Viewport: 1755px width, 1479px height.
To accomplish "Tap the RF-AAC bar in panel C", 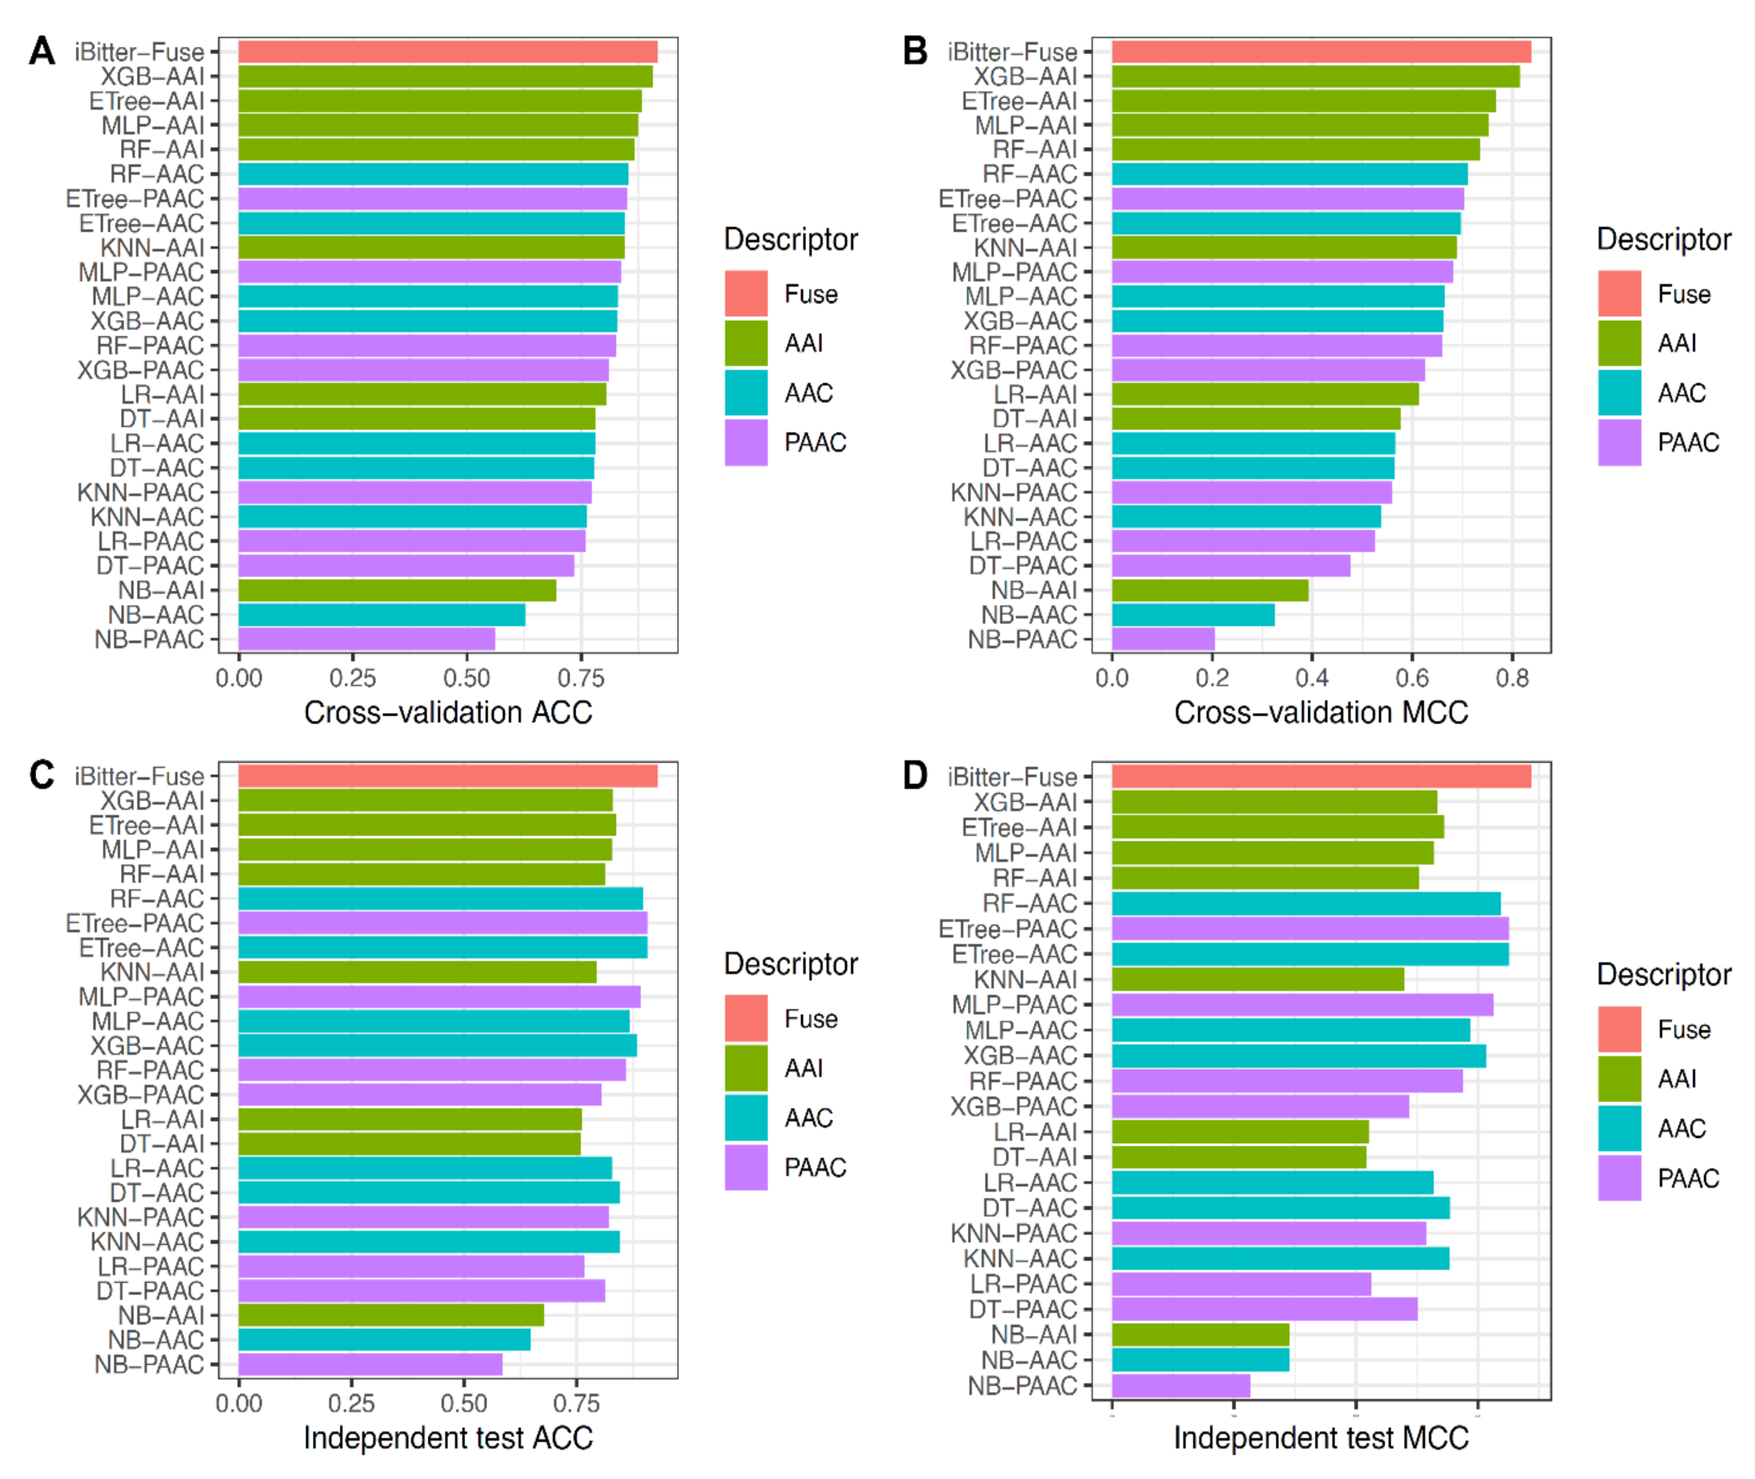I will pyautogui.click(x=440, y=899).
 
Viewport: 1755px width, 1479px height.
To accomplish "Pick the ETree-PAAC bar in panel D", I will pyautogui.click(x=1310, y=928).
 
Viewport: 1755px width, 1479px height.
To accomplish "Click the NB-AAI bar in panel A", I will pyautogui.click(x=397, y=590).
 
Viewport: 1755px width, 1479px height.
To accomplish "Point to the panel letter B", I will pyautogui.click(x=915, y=52).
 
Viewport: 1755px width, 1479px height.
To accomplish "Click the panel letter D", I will pyautogui.click(x=915, y=775).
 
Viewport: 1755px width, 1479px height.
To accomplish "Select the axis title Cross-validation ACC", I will pyautogui.click(x=448, y=712).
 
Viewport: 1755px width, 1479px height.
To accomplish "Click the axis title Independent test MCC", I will pyautogui.click(x=1320, y=1437).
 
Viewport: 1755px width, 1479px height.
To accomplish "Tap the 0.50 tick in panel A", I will pyautogui.click(x=466, y=677).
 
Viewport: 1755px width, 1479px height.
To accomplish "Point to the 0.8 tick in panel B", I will pyautogui.click(x=1512, y=677).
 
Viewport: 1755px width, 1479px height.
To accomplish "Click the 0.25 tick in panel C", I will pyautogui.click(x=351, y=1403).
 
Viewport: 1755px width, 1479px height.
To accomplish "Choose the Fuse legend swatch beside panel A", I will pyautogui.click(x=745, y=293).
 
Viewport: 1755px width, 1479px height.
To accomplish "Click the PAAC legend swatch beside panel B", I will pyautogui.click(x=1619, y=442).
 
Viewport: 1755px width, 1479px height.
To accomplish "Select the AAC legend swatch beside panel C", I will pyautogui.click(x=745, y=1117).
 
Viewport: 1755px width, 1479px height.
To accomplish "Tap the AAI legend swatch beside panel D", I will pyautogui.click(x=1619, y=1078).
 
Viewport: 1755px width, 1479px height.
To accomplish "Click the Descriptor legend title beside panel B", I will pyautogui.click(x=1664, y=240).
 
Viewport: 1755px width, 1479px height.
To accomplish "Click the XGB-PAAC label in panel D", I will pyautogui.click(x=1013, y=1107).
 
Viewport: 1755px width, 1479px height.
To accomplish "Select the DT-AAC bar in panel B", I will pyautogui.click(x=1253, y=468).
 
